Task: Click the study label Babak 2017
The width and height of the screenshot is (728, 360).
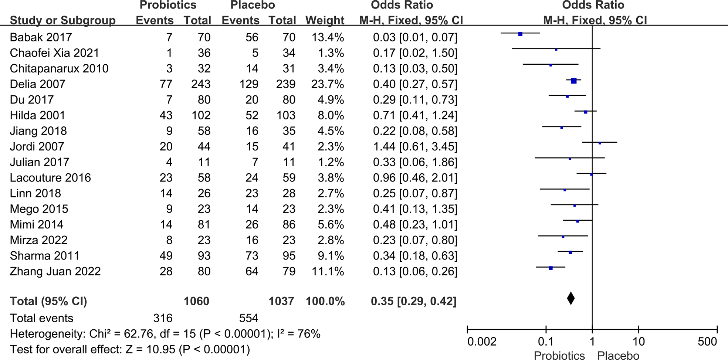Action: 41,37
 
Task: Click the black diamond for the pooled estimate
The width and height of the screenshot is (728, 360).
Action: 570,298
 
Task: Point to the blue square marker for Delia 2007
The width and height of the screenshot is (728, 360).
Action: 573,81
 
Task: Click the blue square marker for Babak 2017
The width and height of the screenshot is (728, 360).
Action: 520,34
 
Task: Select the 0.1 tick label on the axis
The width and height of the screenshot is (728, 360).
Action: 546,342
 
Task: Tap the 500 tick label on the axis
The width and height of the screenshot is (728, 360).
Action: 707,342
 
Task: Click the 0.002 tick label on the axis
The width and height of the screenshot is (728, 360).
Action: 482,342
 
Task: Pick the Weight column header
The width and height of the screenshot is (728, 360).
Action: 325,20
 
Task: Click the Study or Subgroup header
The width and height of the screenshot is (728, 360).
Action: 62,20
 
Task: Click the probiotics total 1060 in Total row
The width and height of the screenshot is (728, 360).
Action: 197,301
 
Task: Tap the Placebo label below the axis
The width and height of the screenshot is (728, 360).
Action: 618,356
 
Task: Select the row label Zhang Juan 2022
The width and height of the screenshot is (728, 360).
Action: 55,271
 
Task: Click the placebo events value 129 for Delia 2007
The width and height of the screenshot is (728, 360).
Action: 248,84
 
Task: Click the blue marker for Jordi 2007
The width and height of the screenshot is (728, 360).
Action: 599,143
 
